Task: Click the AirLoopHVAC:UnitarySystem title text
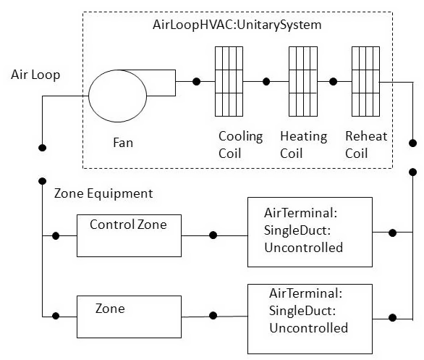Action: click(237, 25)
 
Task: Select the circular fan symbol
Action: click(116, 94)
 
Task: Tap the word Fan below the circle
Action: click(123, 143)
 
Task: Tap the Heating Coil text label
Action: click(303, 145)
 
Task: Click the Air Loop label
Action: click(35, 75)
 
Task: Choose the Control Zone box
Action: click(128, 235)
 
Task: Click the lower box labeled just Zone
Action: click(128, 317)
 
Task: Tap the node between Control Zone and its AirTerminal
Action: click(213, 235)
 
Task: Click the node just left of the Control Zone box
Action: click(56, 235)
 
